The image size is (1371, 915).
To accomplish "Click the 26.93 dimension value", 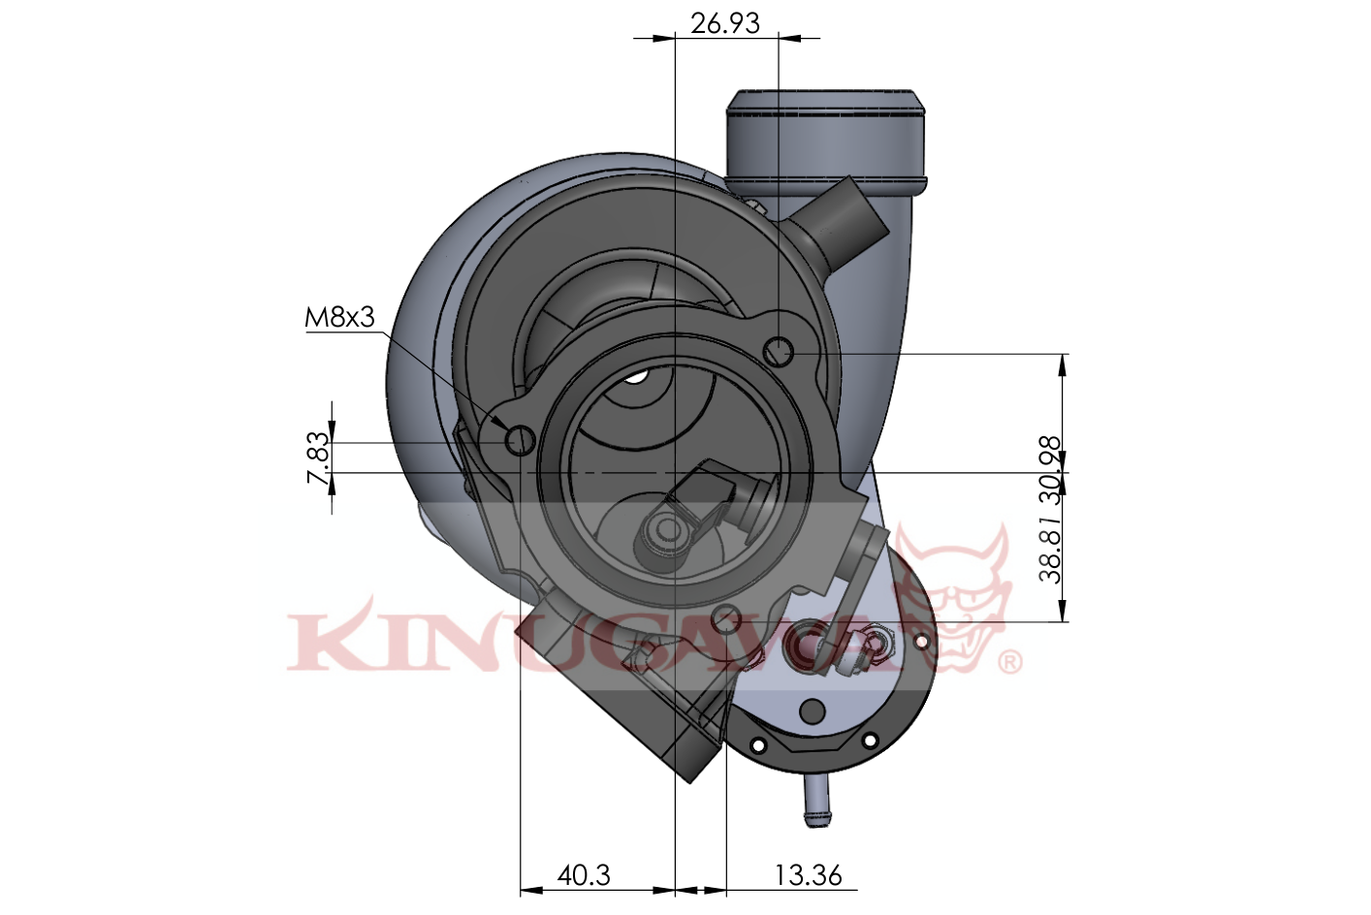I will [724, 22].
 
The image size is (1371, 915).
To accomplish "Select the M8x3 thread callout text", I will [339, 317].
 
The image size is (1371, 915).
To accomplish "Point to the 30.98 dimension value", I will [1051, 469].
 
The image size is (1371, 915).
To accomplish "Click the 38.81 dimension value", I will [1051, 548].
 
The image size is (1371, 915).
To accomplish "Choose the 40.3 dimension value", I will [584, 875].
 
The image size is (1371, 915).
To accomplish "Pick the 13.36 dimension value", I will [808, 875].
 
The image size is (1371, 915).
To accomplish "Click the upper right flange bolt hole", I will [779, 352].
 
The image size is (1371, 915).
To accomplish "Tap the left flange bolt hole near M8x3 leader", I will [522, 441].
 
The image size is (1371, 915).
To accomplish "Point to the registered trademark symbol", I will [1009, 662].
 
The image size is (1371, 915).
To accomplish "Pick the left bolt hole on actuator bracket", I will [758, 745].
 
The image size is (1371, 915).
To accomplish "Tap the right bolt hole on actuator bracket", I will [870, 741].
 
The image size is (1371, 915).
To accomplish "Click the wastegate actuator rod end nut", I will [877, 643].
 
